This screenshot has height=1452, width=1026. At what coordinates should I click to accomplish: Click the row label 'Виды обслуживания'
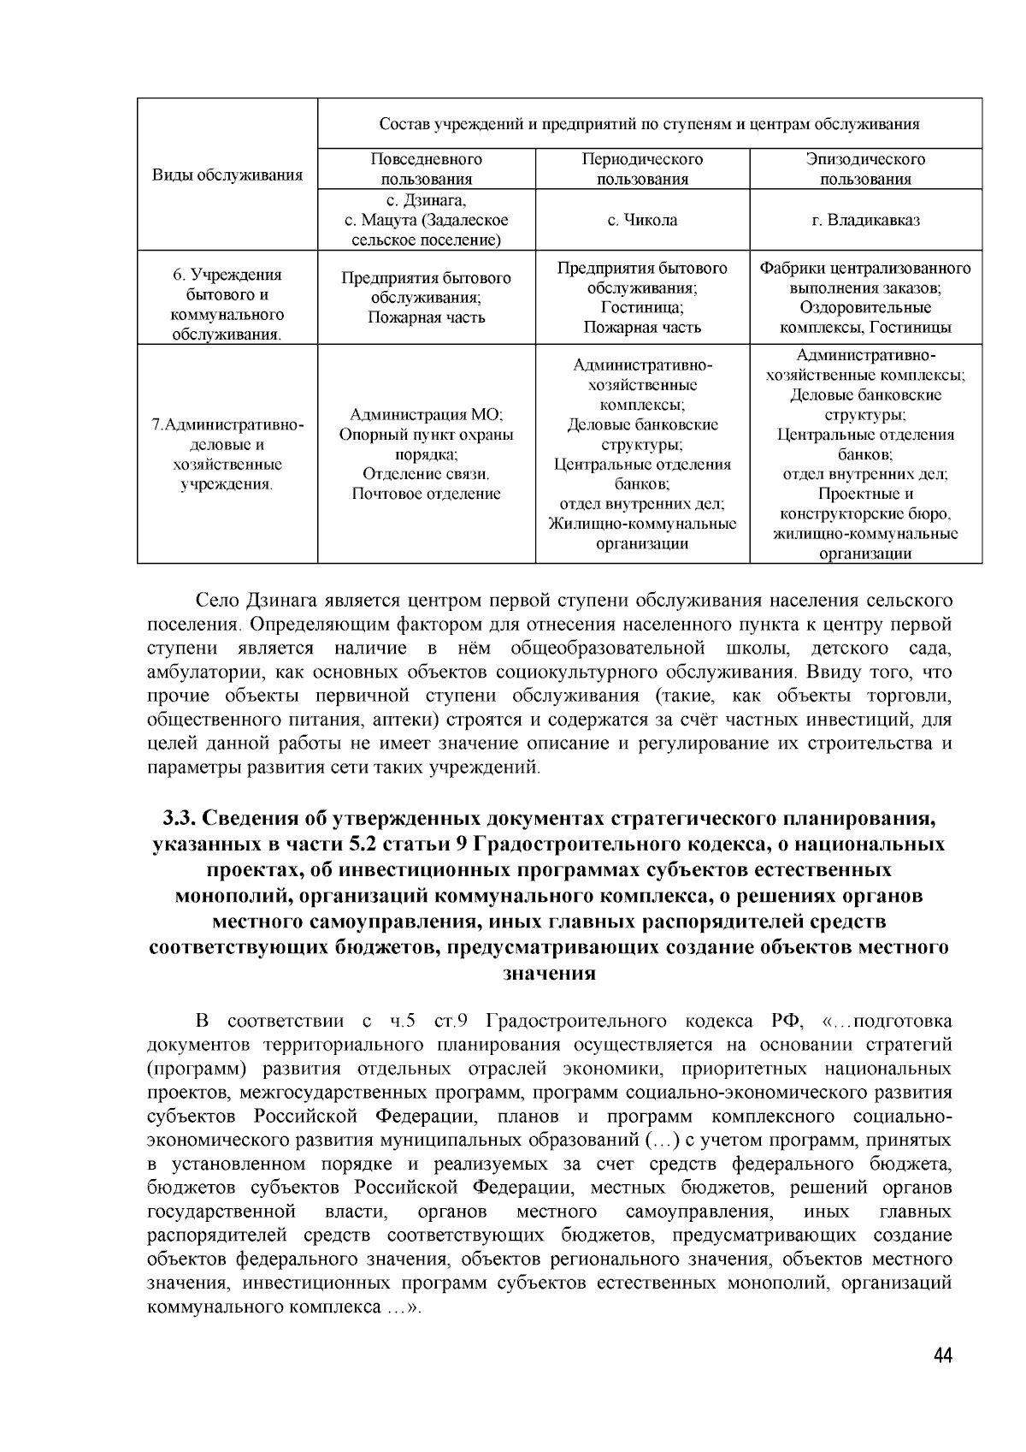tap(227, 175)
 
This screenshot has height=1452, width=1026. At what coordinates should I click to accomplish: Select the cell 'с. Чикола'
tap(642, 220)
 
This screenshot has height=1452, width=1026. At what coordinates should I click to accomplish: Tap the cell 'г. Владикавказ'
tap(865, 220)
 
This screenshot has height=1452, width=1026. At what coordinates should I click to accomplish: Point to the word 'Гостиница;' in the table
tap(642, 307)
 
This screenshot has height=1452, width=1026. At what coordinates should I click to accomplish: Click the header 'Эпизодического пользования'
tap(865, 169)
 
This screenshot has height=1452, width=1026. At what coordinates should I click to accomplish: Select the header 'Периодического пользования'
tap(642, 169)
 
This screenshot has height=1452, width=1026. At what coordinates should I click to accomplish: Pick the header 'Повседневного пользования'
tap(426, 169)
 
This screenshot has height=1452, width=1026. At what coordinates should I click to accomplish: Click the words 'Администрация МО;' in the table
tap(426, 415)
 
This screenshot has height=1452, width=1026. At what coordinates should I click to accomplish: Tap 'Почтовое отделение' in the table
tap(426, 494)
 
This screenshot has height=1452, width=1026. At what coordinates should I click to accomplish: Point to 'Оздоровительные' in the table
tap(865, 307)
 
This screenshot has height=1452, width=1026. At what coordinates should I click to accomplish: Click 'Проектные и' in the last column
tap(865, 494)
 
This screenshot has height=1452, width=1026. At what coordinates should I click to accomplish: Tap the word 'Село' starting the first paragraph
tap(218, 601)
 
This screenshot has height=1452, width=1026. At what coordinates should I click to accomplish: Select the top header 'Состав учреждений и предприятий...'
tap(649, 124)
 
